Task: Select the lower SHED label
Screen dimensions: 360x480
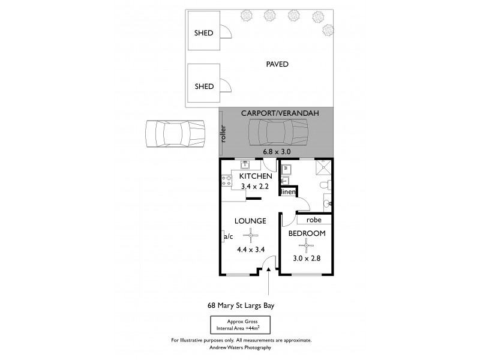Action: click(204, 86)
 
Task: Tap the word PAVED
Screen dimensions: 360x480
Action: click(278, 64)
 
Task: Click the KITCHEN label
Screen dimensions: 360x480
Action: click(256, 177)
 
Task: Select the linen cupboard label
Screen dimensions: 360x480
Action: click(288, 192)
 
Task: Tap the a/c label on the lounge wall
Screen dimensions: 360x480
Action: click(228, 236)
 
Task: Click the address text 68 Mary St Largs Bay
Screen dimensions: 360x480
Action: click(240, 305)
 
